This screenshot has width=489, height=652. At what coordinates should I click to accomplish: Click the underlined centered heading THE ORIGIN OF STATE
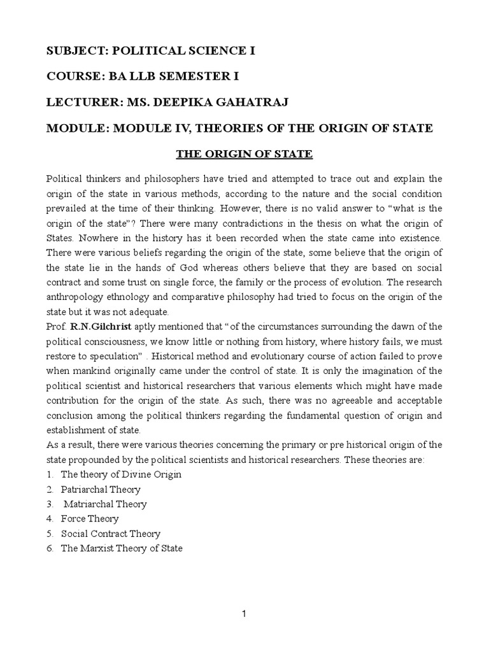coord(244,153)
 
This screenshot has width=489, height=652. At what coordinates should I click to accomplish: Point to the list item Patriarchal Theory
coord(101,490)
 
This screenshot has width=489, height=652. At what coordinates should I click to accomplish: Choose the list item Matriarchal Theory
coord(105,504)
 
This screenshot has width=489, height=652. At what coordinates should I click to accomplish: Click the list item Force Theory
coord(90,519)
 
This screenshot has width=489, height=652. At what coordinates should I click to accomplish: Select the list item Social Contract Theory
coord(111,534)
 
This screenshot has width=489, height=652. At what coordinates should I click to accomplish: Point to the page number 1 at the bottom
coord(244,614)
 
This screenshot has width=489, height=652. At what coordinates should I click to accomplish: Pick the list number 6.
coord(50,548)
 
